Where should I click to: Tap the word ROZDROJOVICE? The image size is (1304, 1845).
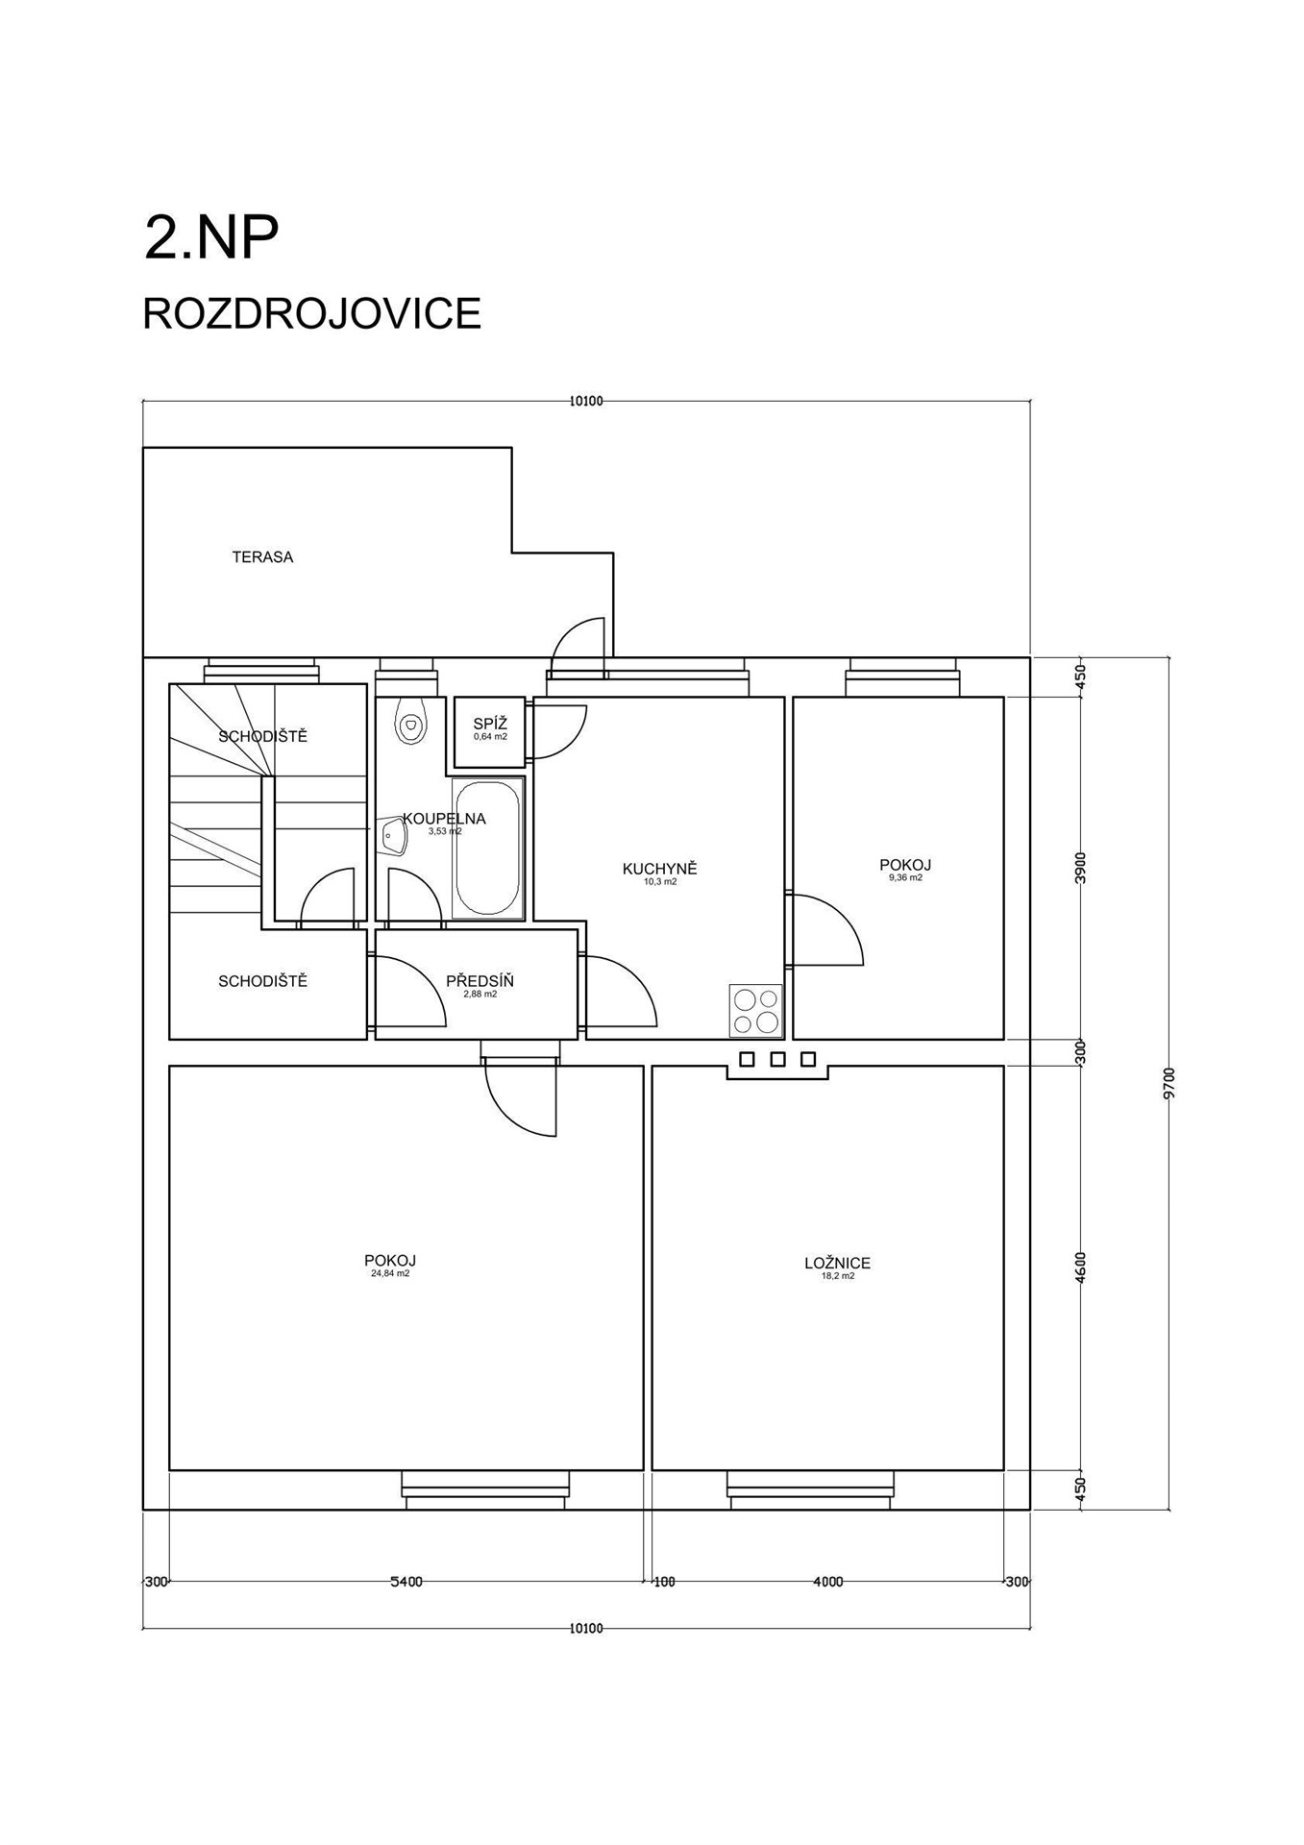pyautogui.click(x=311, y=313)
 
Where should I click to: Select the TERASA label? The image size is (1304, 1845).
pyautogui.click(x=262, y=556)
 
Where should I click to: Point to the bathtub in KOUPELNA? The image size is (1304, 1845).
pyautogui.click(x=487, y=847)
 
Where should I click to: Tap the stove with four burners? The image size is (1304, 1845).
pyautogui.click(x=755, y=1010)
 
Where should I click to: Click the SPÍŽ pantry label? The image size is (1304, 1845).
pyautogui.click(x=490, y=724)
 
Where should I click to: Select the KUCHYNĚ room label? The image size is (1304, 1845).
pyautogui.click(x=659, y=869)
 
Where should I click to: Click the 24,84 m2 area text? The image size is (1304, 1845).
pyautogui.click(x=390, y=1273)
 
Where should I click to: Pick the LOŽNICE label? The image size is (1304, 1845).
pyautogui.click(x=837, y=1264)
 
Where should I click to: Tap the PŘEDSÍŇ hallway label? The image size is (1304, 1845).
pyautogui.click(x=480, y=981)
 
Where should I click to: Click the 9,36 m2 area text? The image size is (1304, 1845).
pyautogui.click(x=905, y=877)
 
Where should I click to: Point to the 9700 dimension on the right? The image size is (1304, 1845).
pyautogui.click(x=1169, y=1083)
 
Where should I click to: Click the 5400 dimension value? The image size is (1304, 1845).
pyautogui.click(x=406, y=1582)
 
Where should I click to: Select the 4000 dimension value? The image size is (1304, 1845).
pyautogui.click(x=827, y=1582)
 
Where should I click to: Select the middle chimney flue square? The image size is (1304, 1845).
pyautogui.click(x=778, y=1059)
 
